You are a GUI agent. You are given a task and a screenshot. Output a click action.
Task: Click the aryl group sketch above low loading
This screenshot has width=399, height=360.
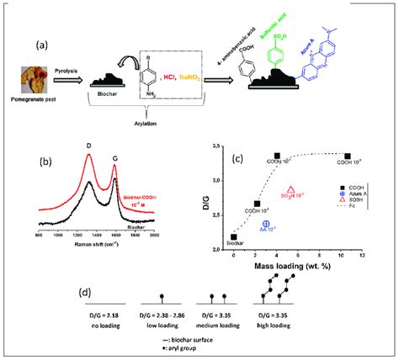click(160, 297)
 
